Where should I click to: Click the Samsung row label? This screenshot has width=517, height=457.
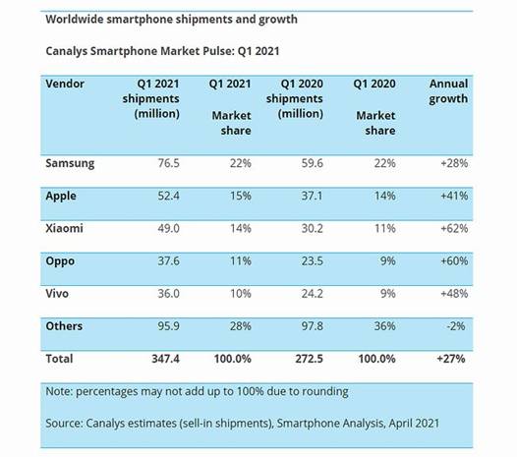click(x=70, y=163)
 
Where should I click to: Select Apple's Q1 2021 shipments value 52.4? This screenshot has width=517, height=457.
click(x=168, y=196)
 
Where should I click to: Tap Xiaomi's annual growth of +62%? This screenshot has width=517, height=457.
click(x=454, y=228)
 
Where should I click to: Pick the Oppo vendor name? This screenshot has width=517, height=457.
click(x=60, y=261)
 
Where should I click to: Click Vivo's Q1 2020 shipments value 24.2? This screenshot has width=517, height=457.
click(x=312, y=294)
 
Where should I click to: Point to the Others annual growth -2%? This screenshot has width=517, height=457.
click(x=456, y=326)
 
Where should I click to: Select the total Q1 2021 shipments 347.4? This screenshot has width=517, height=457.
click(x=165, y=359)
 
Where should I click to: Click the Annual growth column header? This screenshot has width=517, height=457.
click(x=448, y=91)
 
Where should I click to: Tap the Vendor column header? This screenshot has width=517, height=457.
click(x=65, y=84)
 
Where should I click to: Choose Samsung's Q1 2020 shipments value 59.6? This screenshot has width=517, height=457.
click(x=312, y=163)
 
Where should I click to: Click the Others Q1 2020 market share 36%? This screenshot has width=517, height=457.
click(x=384, y=326)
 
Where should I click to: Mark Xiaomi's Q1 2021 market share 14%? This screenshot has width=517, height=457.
click(x=241, y=228)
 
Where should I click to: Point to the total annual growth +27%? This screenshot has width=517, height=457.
click(x=451, y=359)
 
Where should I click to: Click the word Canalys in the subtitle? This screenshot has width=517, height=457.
click(x=66, y=51)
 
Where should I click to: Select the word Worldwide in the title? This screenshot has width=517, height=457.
click(x=75, y=19)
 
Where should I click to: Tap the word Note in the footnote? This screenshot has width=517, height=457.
click(x=58, y=391)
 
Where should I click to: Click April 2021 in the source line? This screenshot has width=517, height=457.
click(x=414, y=424)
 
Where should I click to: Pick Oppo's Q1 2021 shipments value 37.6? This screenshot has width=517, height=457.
click(x=168, y=260)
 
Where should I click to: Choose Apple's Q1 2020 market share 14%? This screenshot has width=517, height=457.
click(x=384, y=196)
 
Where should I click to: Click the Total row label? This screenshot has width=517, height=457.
click(x=59, y=359)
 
